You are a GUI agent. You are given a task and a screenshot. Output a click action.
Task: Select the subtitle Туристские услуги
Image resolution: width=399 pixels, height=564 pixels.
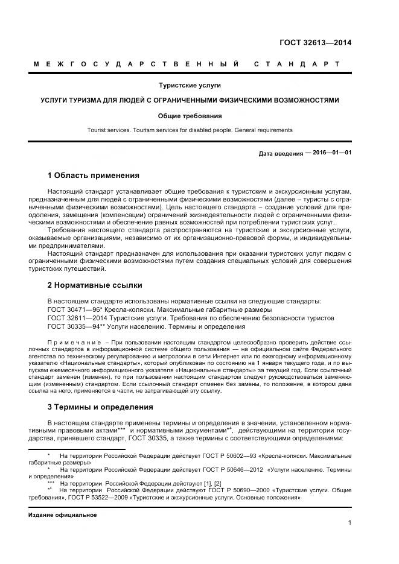[189, 86]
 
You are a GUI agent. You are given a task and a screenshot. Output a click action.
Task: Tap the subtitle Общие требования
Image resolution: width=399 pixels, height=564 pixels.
[189, 115]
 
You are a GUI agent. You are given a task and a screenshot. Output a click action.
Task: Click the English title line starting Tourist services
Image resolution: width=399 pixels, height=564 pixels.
[189, 130]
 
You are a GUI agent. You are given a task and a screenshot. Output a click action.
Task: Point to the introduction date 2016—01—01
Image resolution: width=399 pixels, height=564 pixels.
[329, 153]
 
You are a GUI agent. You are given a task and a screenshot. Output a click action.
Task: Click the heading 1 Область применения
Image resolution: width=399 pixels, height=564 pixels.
[93, 176]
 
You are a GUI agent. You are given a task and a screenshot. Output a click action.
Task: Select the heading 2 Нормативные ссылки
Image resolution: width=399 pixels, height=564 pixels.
[95, 285]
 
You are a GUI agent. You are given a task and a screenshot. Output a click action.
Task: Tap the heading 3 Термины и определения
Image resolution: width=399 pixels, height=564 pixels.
[100, 407]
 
